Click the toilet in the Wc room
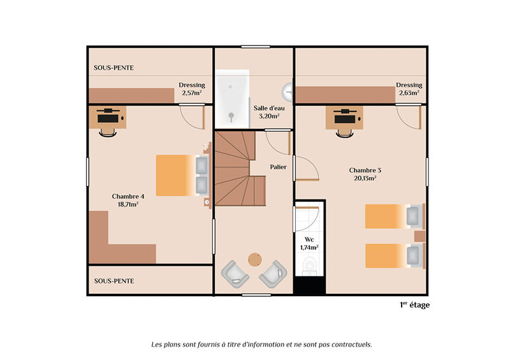coord(310,265)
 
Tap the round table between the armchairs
coord(255,259)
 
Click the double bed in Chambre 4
coord(182,175)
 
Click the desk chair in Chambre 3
coord(344,130)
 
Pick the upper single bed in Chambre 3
coord(393,216)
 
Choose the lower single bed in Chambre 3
coord(393,256)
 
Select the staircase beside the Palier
coord(239,169)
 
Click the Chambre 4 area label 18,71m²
coord(128,205)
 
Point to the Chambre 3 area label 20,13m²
coord(365,179)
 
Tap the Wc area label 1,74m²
coord(309,247)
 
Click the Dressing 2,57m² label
coord(191,93)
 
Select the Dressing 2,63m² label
coord(409,93)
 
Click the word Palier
coord(278,167)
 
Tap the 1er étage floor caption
coord(414,305)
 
